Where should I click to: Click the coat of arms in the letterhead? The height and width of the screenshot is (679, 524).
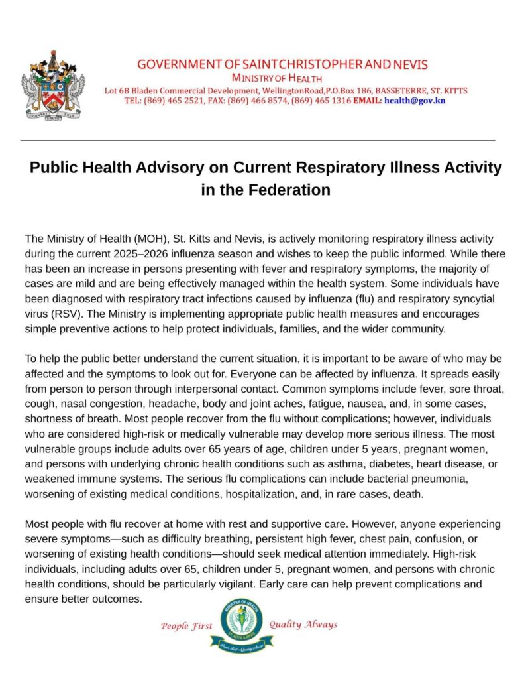tap(53, 85)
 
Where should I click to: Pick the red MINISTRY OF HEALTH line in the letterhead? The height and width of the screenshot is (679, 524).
tap(282, 78)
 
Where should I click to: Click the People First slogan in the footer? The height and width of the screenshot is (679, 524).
tap(187, 626)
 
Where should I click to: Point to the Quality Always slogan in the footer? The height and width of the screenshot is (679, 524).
tap(303, 625)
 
